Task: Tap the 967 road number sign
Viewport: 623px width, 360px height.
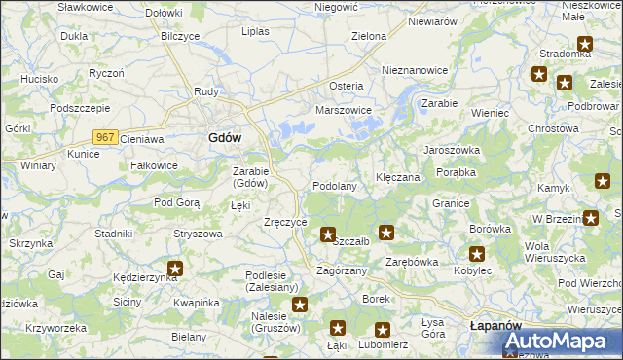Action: pos(107,139)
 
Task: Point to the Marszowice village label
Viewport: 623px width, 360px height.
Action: pos(344,111)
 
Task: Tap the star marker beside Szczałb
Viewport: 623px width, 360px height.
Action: pos(328,234)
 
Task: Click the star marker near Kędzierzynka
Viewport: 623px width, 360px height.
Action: pos(174,269)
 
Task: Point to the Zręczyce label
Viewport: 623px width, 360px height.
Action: pos(286,222)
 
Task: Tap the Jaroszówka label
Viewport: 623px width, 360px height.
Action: pos(451,151)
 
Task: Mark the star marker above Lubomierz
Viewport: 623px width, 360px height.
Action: pos(382,331)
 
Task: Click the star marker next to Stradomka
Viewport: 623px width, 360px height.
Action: pos(584,44)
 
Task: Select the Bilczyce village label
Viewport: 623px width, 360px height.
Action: pos(180,36)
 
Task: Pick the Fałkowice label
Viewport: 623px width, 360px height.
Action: pos(154,165)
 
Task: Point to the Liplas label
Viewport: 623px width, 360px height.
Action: pos(255,31)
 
